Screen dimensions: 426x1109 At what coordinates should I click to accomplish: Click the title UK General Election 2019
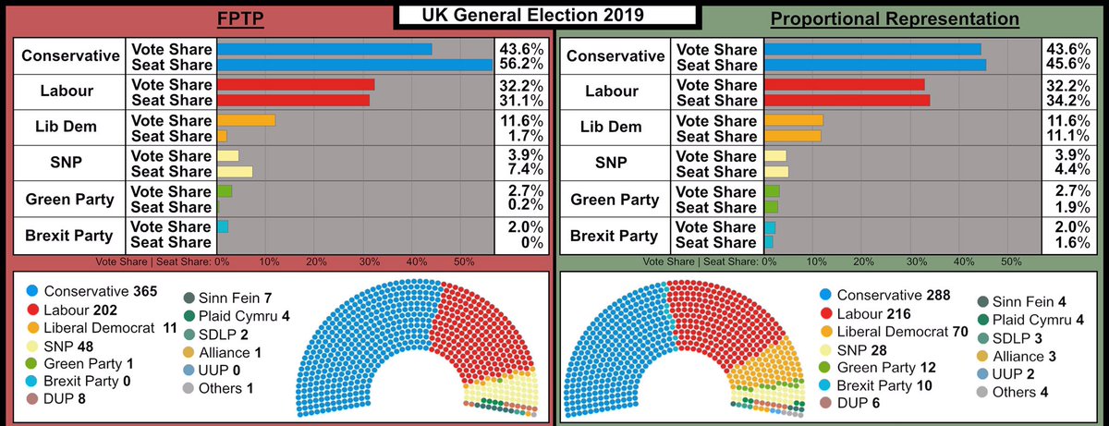[x=546, y=16]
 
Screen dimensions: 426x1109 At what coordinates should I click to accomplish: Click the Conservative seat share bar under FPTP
[x=355, y=65]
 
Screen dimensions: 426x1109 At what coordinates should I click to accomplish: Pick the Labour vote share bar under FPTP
[x=296, y=85]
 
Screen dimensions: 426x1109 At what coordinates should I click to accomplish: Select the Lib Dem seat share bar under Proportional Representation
[x=792, y=137]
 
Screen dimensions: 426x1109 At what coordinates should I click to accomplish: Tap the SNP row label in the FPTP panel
[x=67, y=164]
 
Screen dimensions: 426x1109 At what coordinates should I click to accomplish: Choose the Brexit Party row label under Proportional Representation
[x=615, y=235]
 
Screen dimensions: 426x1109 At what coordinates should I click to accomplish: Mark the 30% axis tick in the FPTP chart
[x=366, y=262]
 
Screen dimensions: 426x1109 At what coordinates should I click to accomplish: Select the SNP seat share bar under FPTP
[x=234, y=172]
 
